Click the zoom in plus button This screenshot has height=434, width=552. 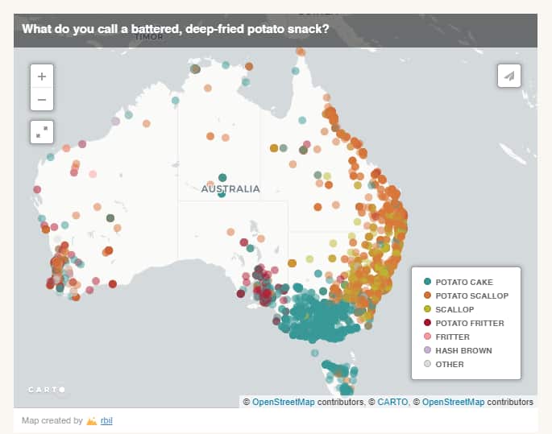pos(42,76)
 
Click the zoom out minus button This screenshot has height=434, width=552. pos(42,100)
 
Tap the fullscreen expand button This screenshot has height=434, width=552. pos(42,130)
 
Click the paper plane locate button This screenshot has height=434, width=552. pos(509,76)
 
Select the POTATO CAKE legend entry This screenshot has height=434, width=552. pos(463,282)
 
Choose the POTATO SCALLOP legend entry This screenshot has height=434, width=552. pos(471,296)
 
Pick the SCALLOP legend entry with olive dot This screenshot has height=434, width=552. pos(454,309)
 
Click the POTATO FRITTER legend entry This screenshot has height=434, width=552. pos(469,323)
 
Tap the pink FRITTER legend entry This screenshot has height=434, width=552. pos(451,337)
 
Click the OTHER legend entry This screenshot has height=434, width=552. pos(449,364)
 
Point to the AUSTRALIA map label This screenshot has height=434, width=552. pos(230,189)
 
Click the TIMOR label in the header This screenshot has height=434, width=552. pos(149,36)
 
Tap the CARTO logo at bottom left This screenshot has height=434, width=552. pos(46,390)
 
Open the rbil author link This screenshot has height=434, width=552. pos(106,420)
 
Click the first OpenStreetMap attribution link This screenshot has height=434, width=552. pos(283,402)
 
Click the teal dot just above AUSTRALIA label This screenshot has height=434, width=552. pos(222,178)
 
